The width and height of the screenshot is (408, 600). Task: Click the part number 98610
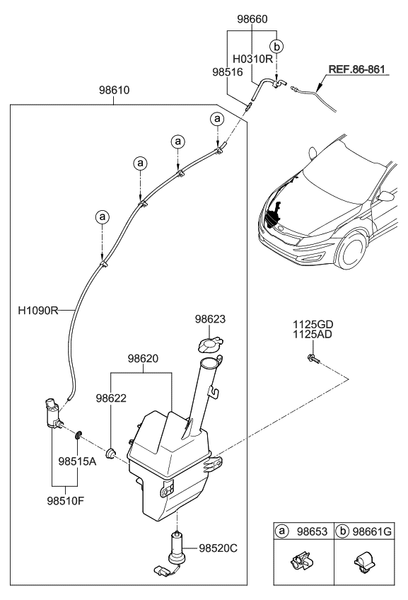[x=115, y=91]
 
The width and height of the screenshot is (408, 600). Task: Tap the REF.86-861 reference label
[x=357, y=69]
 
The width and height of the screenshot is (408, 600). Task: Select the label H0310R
[x=252, y=59]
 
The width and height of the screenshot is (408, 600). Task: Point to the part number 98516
[x=228, y=72]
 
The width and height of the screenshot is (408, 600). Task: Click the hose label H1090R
[x=38, y=310]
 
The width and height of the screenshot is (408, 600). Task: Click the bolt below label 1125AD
[x=312, y=359]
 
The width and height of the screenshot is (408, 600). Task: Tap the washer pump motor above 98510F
[x=53, y=413]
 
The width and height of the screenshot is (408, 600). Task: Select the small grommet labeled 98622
[x=111, y=454]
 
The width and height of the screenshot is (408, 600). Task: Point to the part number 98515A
[x=77, y=462]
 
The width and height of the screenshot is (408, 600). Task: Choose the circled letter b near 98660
[x=276, y=46]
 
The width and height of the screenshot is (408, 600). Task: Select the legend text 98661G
[x=372, y=531]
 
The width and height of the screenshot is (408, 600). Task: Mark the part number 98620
[x=143, y=359]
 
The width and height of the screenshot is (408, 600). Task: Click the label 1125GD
[x=313, y=325]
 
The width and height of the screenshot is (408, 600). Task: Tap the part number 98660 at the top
[x=252, y=19]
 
